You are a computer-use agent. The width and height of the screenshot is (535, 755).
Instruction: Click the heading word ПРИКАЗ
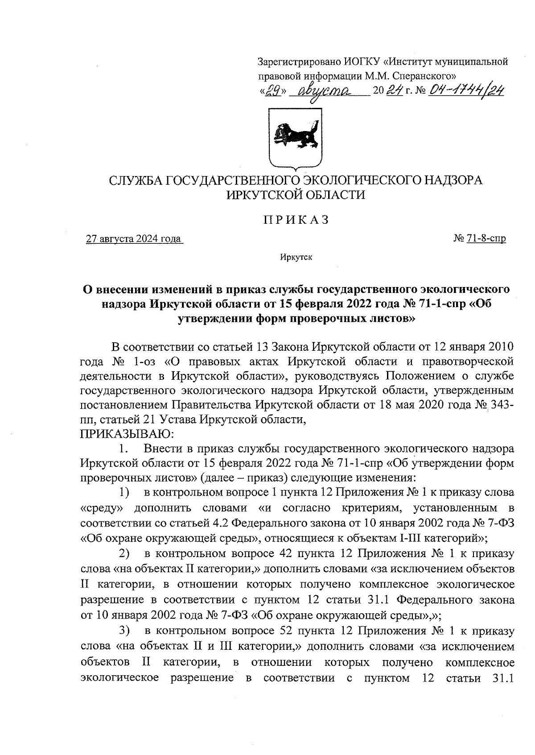click(296, 220)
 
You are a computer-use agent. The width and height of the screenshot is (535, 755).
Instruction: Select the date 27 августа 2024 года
click(134, 239)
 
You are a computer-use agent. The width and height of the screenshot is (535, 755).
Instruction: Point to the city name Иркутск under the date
click(296, 257)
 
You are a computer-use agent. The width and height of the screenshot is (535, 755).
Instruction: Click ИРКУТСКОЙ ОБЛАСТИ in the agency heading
click(296, 195)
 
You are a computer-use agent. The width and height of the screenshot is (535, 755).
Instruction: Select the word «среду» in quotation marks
click(102, 508)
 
